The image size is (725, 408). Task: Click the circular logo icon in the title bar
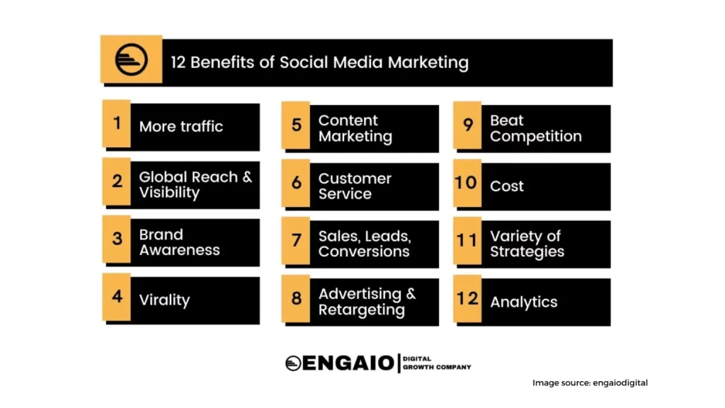(x=131, y=59)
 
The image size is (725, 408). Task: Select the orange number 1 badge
(x=117, y=123)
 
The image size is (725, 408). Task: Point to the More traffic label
(x=181, y=126)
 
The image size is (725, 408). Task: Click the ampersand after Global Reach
(x=247, y=176)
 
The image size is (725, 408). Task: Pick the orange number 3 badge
(x=117, y=239)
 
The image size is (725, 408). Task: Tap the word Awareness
(x=179, y=250)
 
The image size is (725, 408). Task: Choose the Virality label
(x=164, y=300)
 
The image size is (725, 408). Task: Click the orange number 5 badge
(x=296, y=125)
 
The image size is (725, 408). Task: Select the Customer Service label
(x=355, y=186)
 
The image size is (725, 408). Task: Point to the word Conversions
(x=364, y=251)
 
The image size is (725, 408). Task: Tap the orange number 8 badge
(x=296, y=298)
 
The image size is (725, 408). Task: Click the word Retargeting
(x=362, y=310)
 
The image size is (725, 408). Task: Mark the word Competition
(x=536, y=137)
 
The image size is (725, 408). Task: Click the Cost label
(x=507, y=186)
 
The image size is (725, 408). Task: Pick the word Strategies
(x=527, y=251)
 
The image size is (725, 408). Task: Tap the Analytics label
(x=524, y=302)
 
